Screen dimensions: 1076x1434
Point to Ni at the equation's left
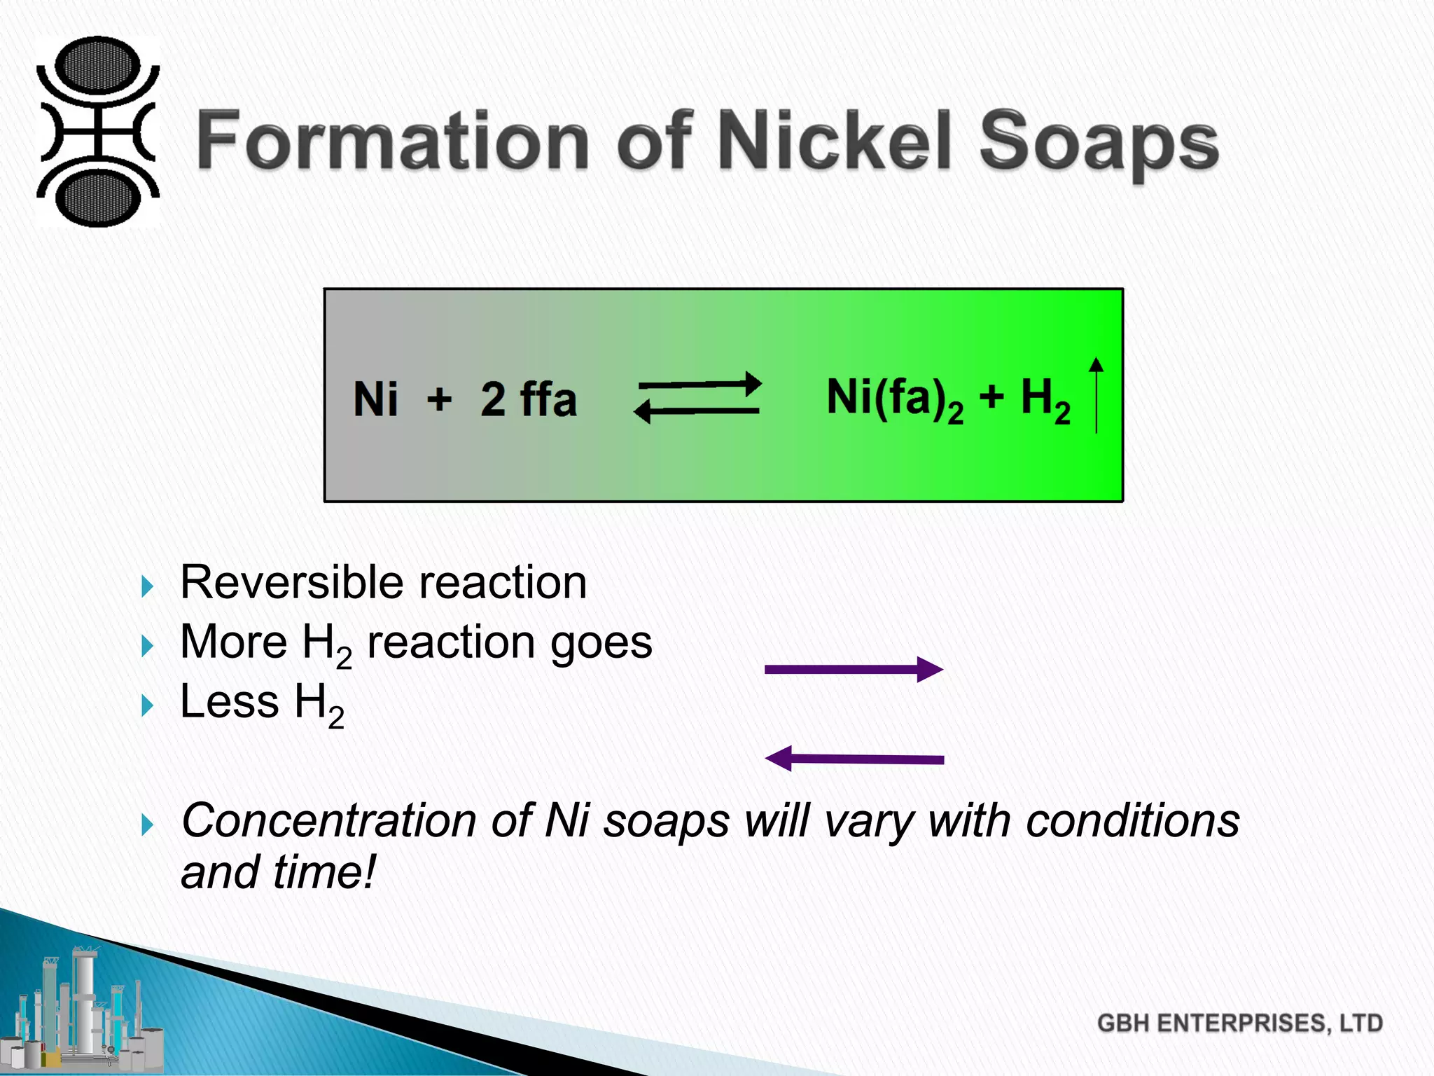(375, 399)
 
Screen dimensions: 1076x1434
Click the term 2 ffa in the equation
(529, 399)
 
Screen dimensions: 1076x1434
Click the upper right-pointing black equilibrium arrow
(700, 384)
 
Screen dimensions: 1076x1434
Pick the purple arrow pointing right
(854, 670)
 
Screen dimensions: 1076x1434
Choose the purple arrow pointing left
(854, 759)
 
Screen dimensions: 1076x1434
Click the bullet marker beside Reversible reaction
(146, 586)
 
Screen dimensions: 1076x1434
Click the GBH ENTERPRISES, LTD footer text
(1239, 1023)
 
